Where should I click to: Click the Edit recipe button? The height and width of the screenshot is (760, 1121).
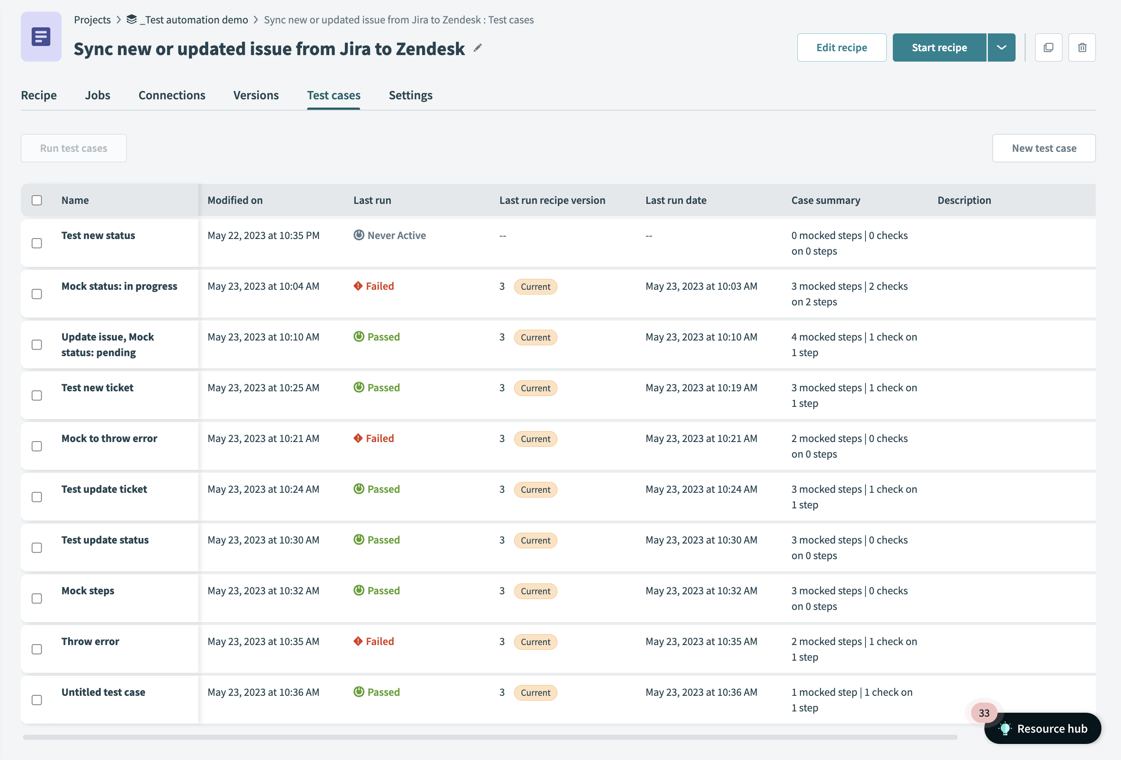point(841,47)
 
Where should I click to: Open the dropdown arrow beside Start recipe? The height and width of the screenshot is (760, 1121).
point(1001,47)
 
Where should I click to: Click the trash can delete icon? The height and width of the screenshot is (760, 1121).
point(1082,47)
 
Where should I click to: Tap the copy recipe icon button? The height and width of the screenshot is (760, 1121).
point(1048,47)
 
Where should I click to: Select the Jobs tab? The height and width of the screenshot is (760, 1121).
point(98,95)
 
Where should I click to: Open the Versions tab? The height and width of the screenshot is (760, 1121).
point(256,95)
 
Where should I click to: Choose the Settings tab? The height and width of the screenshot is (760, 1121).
point(410,95)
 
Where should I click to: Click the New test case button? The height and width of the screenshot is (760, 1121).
point(1043,148)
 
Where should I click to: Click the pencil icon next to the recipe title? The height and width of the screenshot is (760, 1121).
point(477,48)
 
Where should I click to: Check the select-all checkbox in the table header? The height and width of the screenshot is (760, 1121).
point(37,200)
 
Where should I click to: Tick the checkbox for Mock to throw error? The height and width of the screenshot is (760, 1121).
point(37,446)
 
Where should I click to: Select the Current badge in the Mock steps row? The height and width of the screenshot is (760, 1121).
point(535,591)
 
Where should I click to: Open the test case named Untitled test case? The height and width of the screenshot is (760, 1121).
point(103,692)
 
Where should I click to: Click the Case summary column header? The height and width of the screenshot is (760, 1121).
point(825,200)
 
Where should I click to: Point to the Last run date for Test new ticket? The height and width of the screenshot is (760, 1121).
point(701,388)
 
